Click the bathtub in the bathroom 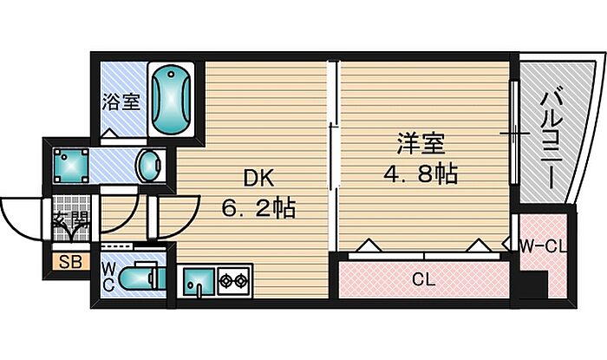tap(174, 98)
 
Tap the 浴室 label tap(122, 101)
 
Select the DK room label tap(258, 180)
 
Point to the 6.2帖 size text tap(257, 208)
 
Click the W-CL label tap(544, 246)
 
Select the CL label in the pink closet tap(422, 279)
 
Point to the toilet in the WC tap(139, 280)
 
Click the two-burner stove tap(232, 281)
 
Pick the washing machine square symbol tap(69, 163)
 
